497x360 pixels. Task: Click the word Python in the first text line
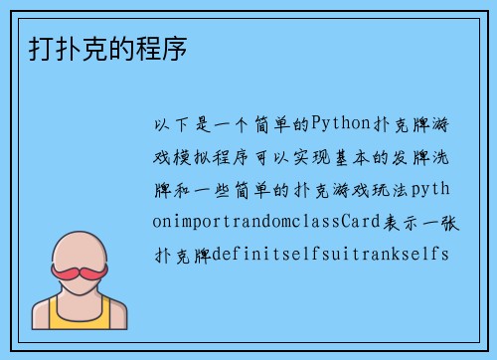[x=342, y=124]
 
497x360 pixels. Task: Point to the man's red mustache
[x=81, y=270]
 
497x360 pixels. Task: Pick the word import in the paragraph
[x=192, y=222]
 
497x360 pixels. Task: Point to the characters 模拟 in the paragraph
[x=193, y=157]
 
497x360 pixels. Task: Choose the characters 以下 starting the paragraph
[x=166, y=124]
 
